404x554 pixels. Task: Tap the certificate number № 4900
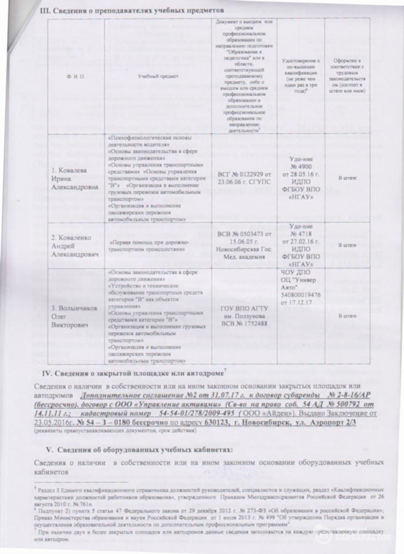tap(300, 167)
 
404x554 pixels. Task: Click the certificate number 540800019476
tap(300, 295)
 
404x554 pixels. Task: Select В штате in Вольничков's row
tap(347, 316)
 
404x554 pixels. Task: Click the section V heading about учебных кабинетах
tap(139, 450)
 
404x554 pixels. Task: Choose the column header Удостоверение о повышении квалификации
tap(300, 76)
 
